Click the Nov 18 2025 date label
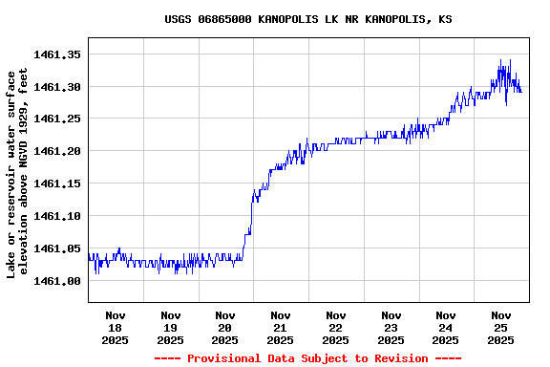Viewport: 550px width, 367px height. click(116, 327)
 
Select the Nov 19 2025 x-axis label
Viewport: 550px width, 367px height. click(171, 327)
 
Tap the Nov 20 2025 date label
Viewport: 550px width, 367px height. click(225, 327)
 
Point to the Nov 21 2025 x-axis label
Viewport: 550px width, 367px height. click(281, 327)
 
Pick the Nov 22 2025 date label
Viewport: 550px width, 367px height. click(336, 327)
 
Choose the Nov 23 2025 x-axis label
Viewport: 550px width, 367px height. click(391, 327)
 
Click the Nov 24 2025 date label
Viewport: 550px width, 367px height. click(446, 327)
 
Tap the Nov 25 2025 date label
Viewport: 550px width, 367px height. click(501, 327)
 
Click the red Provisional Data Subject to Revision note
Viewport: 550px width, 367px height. click(307, 358)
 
